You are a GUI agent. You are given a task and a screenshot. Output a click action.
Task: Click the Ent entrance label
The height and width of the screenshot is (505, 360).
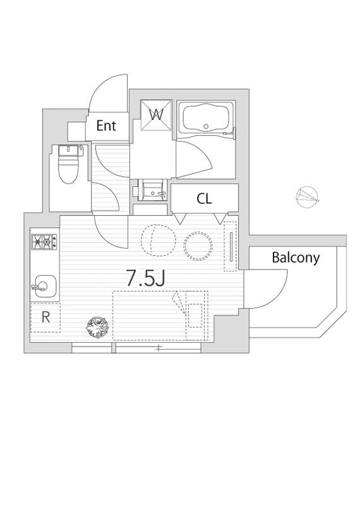click(x=106, y=126)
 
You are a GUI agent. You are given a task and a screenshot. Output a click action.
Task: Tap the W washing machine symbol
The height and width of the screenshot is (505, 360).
click(x=157, y=115)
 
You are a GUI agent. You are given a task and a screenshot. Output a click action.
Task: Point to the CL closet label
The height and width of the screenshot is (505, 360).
click(x=205, y=199)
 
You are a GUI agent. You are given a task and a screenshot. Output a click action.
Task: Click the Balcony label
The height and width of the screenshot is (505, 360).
click(x=296, y=258)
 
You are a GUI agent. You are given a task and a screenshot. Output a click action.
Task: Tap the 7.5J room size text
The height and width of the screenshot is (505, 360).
click(x=145, y=278)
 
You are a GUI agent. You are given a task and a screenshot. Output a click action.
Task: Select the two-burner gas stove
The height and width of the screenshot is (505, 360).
click(x=44, y=242)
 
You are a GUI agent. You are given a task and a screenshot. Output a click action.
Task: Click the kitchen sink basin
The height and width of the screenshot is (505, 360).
click(x=45, y=286)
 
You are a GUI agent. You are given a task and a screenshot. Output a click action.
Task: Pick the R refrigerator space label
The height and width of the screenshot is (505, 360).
click(x=45, y=318)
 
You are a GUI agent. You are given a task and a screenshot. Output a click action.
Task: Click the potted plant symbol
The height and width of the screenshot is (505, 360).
click(x=98, y=327)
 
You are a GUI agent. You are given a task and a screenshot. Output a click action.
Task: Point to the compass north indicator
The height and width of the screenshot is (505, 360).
click(x=308, y=197)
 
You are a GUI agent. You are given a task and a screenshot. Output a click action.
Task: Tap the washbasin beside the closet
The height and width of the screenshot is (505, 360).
click(x=153, y=191)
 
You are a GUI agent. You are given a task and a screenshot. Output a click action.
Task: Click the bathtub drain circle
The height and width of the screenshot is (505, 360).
click(x=207, y=127)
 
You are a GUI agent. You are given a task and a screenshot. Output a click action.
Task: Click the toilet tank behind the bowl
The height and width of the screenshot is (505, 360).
click(x=69, y=150)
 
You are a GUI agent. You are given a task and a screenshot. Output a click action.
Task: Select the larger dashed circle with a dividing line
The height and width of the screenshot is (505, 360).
click(x=159, y=241)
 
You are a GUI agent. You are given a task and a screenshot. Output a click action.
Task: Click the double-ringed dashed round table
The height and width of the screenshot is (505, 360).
click(x=198, y=246)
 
